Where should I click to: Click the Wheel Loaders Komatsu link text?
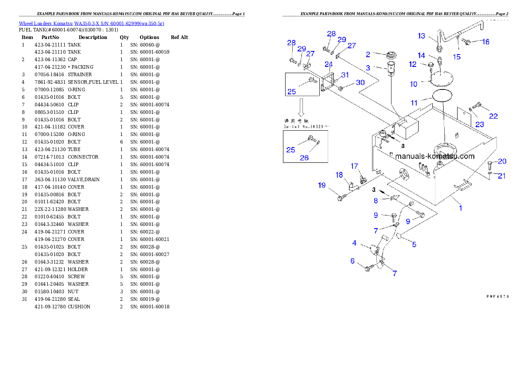91,23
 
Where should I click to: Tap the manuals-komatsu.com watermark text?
434,156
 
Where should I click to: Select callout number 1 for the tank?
460,207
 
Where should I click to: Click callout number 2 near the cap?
368,54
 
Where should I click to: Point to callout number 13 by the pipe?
421,36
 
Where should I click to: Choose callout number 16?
485,42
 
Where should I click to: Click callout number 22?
493,116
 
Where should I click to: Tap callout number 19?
322,185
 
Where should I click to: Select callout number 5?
414,244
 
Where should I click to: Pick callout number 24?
328,65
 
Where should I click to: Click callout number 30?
360,82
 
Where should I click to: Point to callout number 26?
304,158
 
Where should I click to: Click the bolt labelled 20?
489,167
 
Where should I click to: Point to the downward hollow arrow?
301,107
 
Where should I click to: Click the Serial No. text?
306,126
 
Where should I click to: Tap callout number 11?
414,103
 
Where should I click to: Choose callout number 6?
353,261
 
